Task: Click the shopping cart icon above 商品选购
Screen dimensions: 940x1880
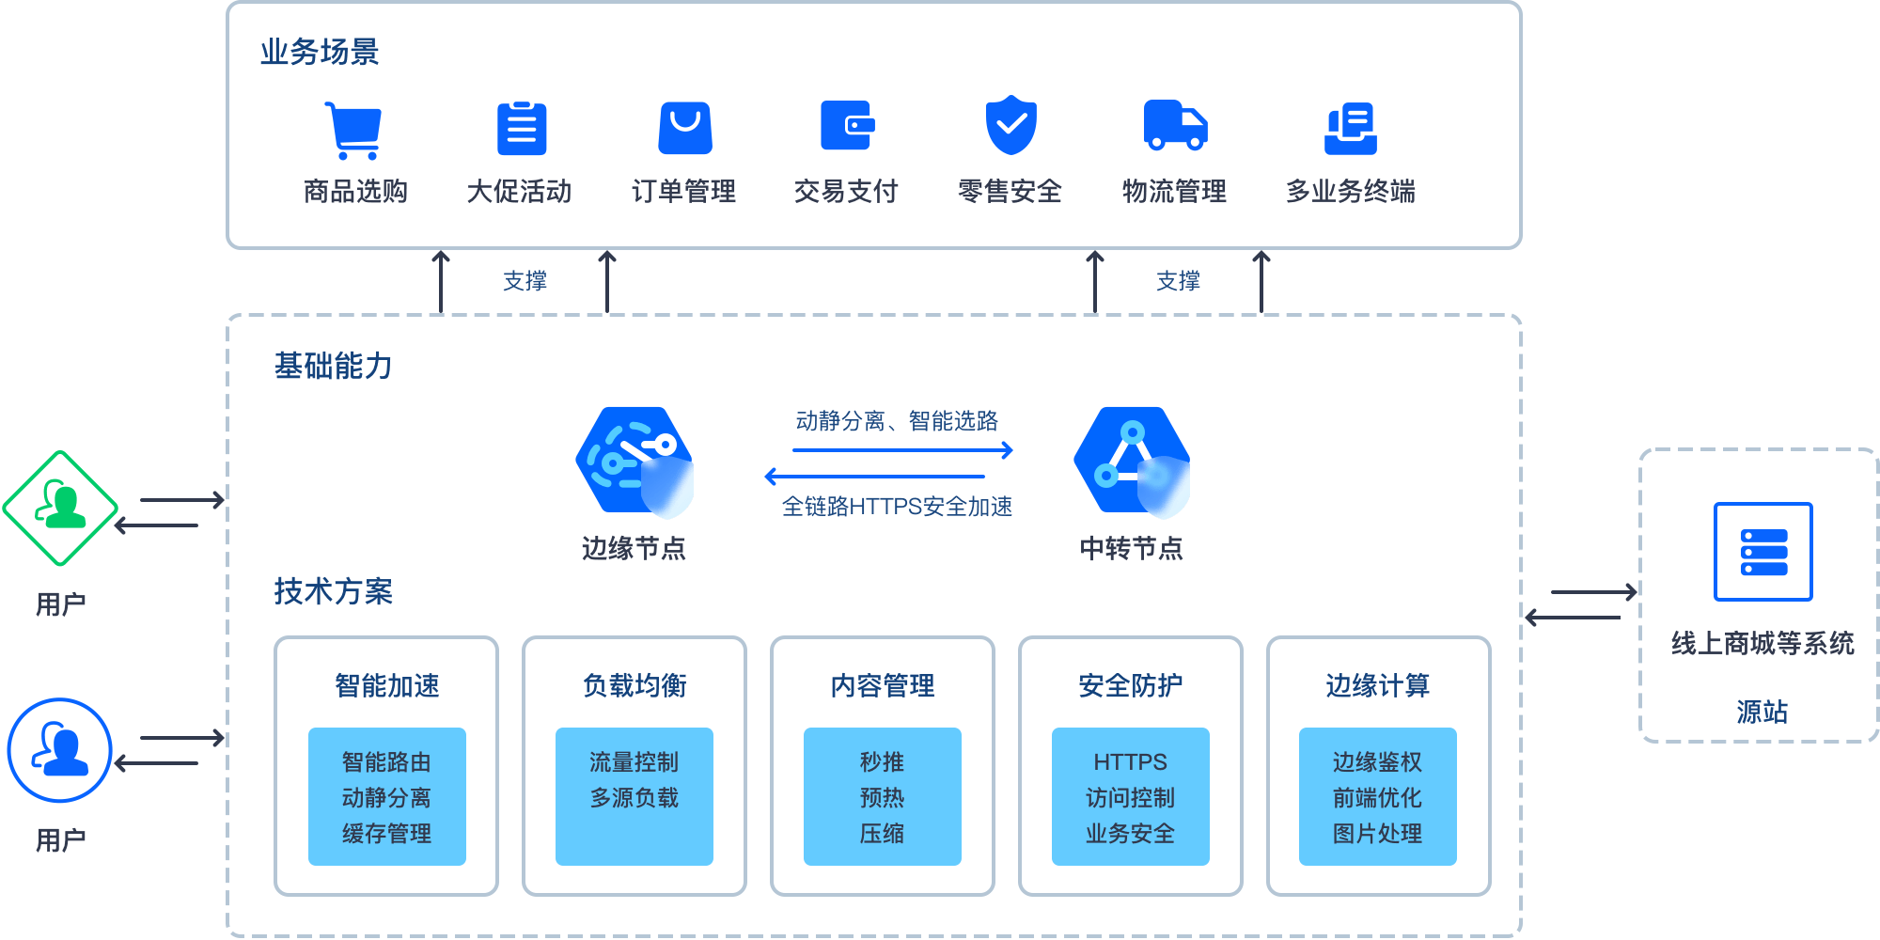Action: click(x=353, y=130)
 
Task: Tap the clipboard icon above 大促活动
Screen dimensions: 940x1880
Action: click(x=522, y=129)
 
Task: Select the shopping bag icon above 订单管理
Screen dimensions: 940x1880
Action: click(x=685, y=129)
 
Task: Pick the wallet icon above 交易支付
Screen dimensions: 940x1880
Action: click(x=847, y=126)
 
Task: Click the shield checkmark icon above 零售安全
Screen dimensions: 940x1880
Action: click(x=1010, y=124)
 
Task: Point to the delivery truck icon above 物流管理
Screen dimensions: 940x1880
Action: click(x=1175, y=126)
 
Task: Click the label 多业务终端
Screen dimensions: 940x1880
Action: click(x=1351, y=192)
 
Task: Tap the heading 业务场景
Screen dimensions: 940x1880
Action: click(x=320, y=52)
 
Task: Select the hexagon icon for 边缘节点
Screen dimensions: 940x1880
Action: click(x=634, y=462)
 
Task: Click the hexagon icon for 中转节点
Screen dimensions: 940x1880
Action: click(x=1132, y=462)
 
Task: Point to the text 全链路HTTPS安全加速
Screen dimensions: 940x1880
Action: click(x=897, y=507)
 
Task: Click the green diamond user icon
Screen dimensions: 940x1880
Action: click(x=60, y=509)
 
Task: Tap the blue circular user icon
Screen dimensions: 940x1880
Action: click(x=60, y=750)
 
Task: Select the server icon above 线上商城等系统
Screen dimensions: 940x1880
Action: click(x=1762, y=552)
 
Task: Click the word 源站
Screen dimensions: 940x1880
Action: click(x=1762, y=712)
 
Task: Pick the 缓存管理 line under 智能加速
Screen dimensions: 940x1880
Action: click(x=386, y=834)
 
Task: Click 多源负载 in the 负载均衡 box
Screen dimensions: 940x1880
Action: click(x=634, y=798)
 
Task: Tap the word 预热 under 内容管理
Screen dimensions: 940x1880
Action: click(x=882, y=798)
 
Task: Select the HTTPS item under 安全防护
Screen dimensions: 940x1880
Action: click(x=1130, y=762)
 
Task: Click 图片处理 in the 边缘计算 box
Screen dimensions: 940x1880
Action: click(x=1377, y=834)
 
